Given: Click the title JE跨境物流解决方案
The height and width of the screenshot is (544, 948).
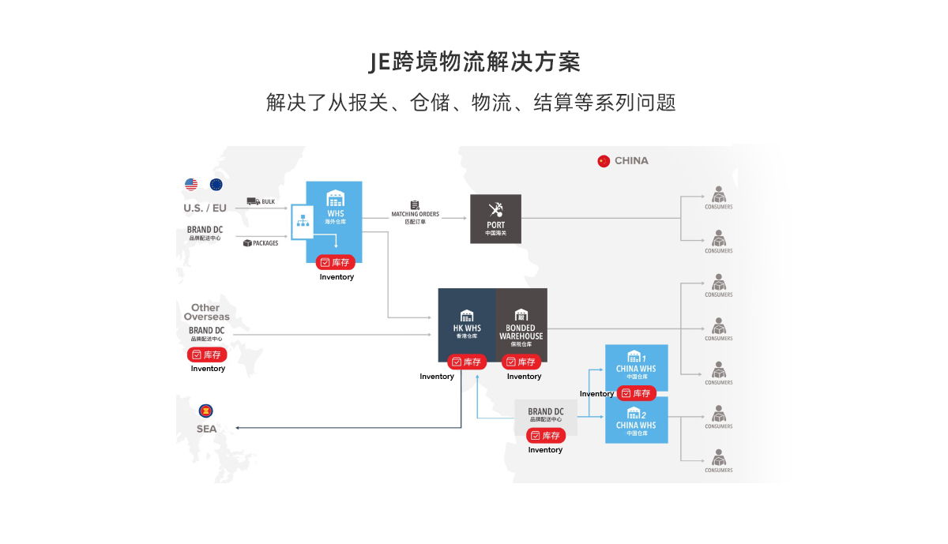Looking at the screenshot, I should click(474, 62).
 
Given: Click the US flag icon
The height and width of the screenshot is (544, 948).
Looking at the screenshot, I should click(191, 185).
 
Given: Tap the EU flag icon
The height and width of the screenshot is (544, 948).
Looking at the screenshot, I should click(216, 185).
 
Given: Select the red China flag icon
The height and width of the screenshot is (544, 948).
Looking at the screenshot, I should click(604, 161).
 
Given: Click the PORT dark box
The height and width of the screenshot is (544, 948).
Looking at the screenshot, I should click(495, 219).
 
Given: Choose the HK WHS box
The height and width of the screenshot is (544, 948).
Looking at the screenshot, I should click(467, 325).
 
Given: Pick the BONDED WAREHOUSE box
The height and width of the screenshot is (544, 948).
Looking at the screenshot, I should click(521, 325).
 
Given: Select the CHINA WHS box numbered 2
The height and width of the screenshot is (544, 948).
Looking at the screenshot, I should click(636, 419).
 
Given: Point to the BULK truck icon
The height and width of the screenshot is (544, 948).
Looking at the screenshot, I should click(254, 201).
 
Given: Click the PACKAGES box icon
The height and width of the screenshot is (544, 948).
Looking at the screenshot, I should click(247, 243).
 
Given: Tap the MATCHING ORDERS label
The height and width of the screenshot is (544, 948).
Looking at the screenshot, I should click(415, 214).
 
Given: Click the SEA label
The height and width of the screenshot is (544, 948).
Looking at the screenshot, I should click(206, 430).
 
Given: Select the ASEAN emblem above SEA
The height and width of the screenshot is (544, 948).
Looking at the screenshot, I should click(206, 411).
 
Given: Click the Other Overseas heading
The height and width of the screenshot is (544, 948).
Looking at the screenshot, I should click(205, 312).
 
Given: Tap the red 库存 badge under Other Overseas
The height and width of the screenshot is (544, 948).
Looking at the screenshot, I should click(207, 355).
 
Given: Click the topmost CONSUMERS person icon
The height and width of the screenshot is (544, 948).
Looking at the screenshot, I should click(718, 193).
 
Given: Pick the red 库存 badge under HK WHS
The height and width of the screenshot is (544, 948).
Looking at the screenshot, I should click(467, 362).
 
